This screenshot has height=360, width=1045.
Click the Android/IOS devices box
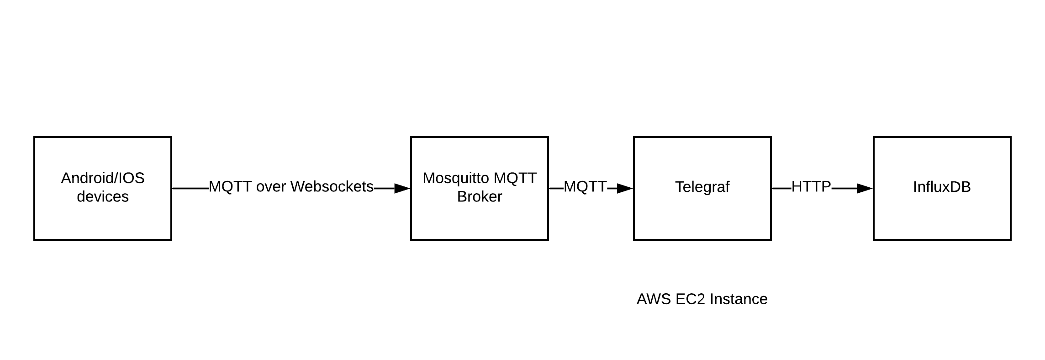[102, 215]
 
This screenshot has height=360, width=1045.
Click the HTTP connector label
[811, 186]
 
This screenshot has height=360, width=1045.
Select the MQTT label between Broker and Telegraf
[585, 186]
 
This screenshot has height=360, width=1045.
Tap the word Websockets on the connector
[332, 186]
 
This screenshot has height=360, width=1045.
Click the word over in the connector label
[271, 186]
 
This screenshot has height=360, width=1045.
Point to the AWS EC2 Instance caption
[702, 299]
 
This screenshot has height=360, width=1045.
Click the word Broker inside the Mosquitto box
[479, 196]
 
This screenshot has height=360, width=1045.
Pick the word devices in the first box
[102, 196]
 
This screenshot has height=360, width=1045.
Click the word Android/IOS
[102, 178]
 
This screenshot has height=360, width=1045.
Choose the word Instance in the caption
[739, 299]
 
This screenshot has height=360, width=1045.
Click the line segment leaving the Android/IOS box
[190, 188]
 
